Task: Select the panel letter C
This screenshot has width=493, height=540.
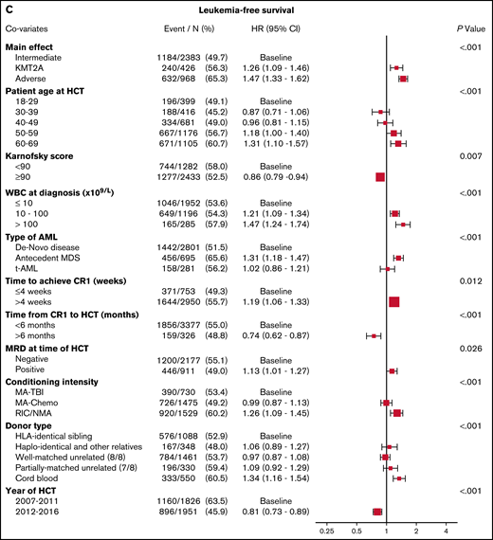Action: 9,10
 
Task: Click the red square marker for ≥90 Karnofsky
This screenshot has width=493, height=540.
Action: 379,176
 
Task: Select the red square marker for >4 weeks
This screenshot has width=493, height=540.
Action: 394,301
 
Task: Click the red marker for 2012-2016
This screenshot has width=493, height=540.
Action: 377,512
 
